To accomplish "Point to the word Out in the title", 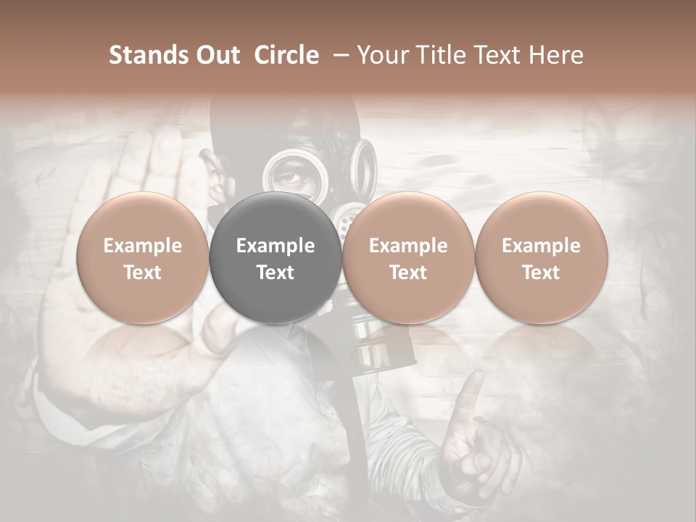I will click(217, 55).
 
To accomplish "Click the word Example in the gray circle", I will click(275, 246).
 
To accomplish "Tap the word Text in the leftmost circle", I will click(143, 273).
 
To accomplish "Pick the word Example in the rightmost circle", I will click(541, 246).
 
